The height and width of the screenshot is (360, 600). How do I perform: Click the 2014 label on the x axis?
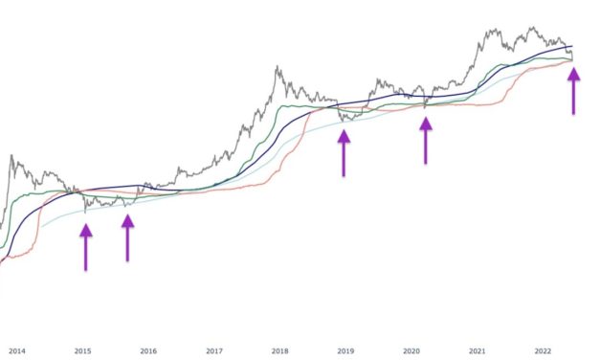click(18, 350)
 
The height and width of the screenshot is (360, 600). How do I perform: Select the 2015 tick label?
click(83, 350)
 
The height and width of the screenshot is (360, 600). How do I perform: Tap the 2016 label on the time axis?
click(148, 350)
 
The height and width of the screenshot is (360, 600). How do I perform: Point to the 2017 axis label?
click(214, 350)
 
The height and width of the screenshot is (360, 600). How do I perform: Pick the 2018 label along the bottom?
click(280, 350)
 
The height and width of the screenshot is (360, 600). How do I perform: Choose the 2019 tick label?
click(345, 350)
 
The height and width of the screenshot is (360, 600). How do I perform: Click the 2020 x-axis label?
click(411, 350)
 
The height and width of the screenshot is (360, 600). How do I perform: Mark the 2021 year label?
click(477, 350)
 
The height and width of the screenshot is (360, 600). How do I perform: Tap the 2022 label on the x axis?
click(542, 350)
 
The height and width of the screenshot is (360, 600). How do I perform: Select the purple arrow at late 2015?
click(127, 236)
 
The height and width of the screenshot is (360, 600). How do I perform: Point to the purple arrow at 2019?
click(344, 152)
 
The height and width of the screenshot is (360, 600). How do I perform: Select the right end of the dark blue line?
click(573, 46)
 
